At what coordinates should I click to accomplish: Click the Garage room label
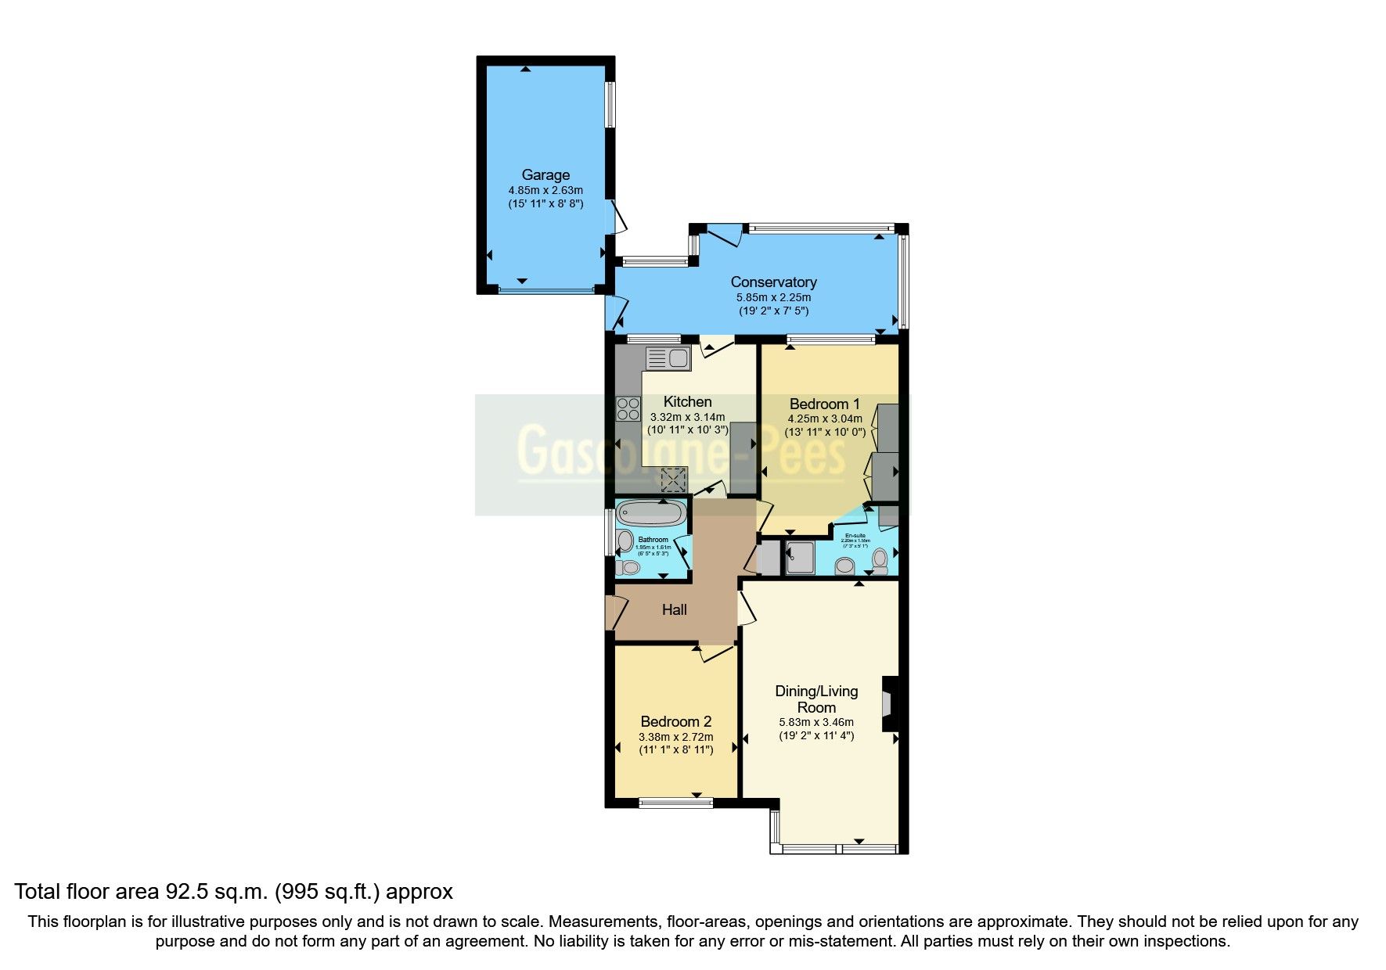coord(545,175)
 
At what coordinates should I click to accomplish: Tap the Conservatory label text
coord(773,282)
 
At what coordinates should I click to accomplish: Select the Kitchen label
coord(687,402)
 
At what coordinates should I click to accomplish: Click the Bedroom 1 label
coord(824,404)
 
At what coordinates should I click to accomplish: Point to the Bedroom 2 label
coord(675,722)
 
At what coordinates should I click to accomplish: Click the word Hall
coord(674,610)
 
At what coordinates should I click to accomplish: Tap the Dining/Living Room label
coord(816,699)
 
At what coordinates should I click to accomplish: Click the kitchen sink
coord(668,359)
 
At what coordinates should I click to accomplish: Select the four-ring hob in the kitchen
coord(628,409)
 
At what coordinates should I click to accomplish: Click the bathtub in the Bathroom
coord(651,514)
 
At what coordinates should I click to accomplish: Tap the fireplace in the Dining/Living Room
coord(889,704)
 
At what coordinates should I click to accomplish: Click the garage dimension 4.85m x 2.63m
coord(545,190)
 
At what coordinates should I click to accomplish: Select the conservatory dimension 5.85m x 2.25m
coord(773,298)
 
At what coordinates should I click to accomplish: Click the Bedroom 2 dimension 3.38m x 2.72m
coord(675,737)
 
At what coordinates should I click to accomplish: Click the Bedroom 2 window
coord(675,802)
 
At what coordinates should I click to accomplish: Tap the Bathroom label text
coord(653,540)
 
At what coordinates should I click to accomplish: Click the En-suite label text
coord(855,536)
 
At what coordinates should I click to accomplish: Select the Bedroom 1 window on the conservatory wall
coord(830,339)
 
